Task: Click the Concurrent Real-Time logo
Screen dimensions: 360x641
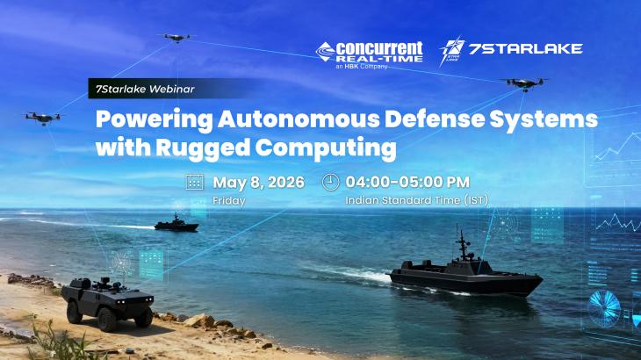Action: pyautogui.click(x=369, y=53)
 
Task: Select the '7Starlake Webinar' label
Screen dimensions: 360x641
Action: pyautogui.click(x=138, y=90)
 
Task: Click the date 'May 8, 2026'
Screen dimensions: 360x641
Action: pyautogui.click(x=258, y=182)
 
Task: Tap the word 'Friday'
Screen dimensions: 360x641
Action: pyautogui.click(x=229, y=200)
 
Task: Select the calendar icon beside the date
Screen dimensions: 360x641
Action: pyautogui.click(x=195, y=182)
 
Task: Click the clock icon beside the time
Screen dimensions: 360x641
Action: pyautogui.click(x=330, y=182)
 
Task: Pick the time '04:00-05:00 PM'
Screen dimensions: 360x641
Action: pyautogui.click(x=407, y=182)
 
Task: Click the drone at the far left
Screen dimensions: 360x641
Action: pyautogui.click(x=42, y=117)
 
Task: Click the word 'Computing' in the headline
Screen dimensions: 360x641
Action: pyautogui.click(x=347, y=148)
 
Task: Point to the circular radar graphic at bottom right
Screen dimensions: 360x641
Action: pyautogui.click(x=604, y=308)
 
